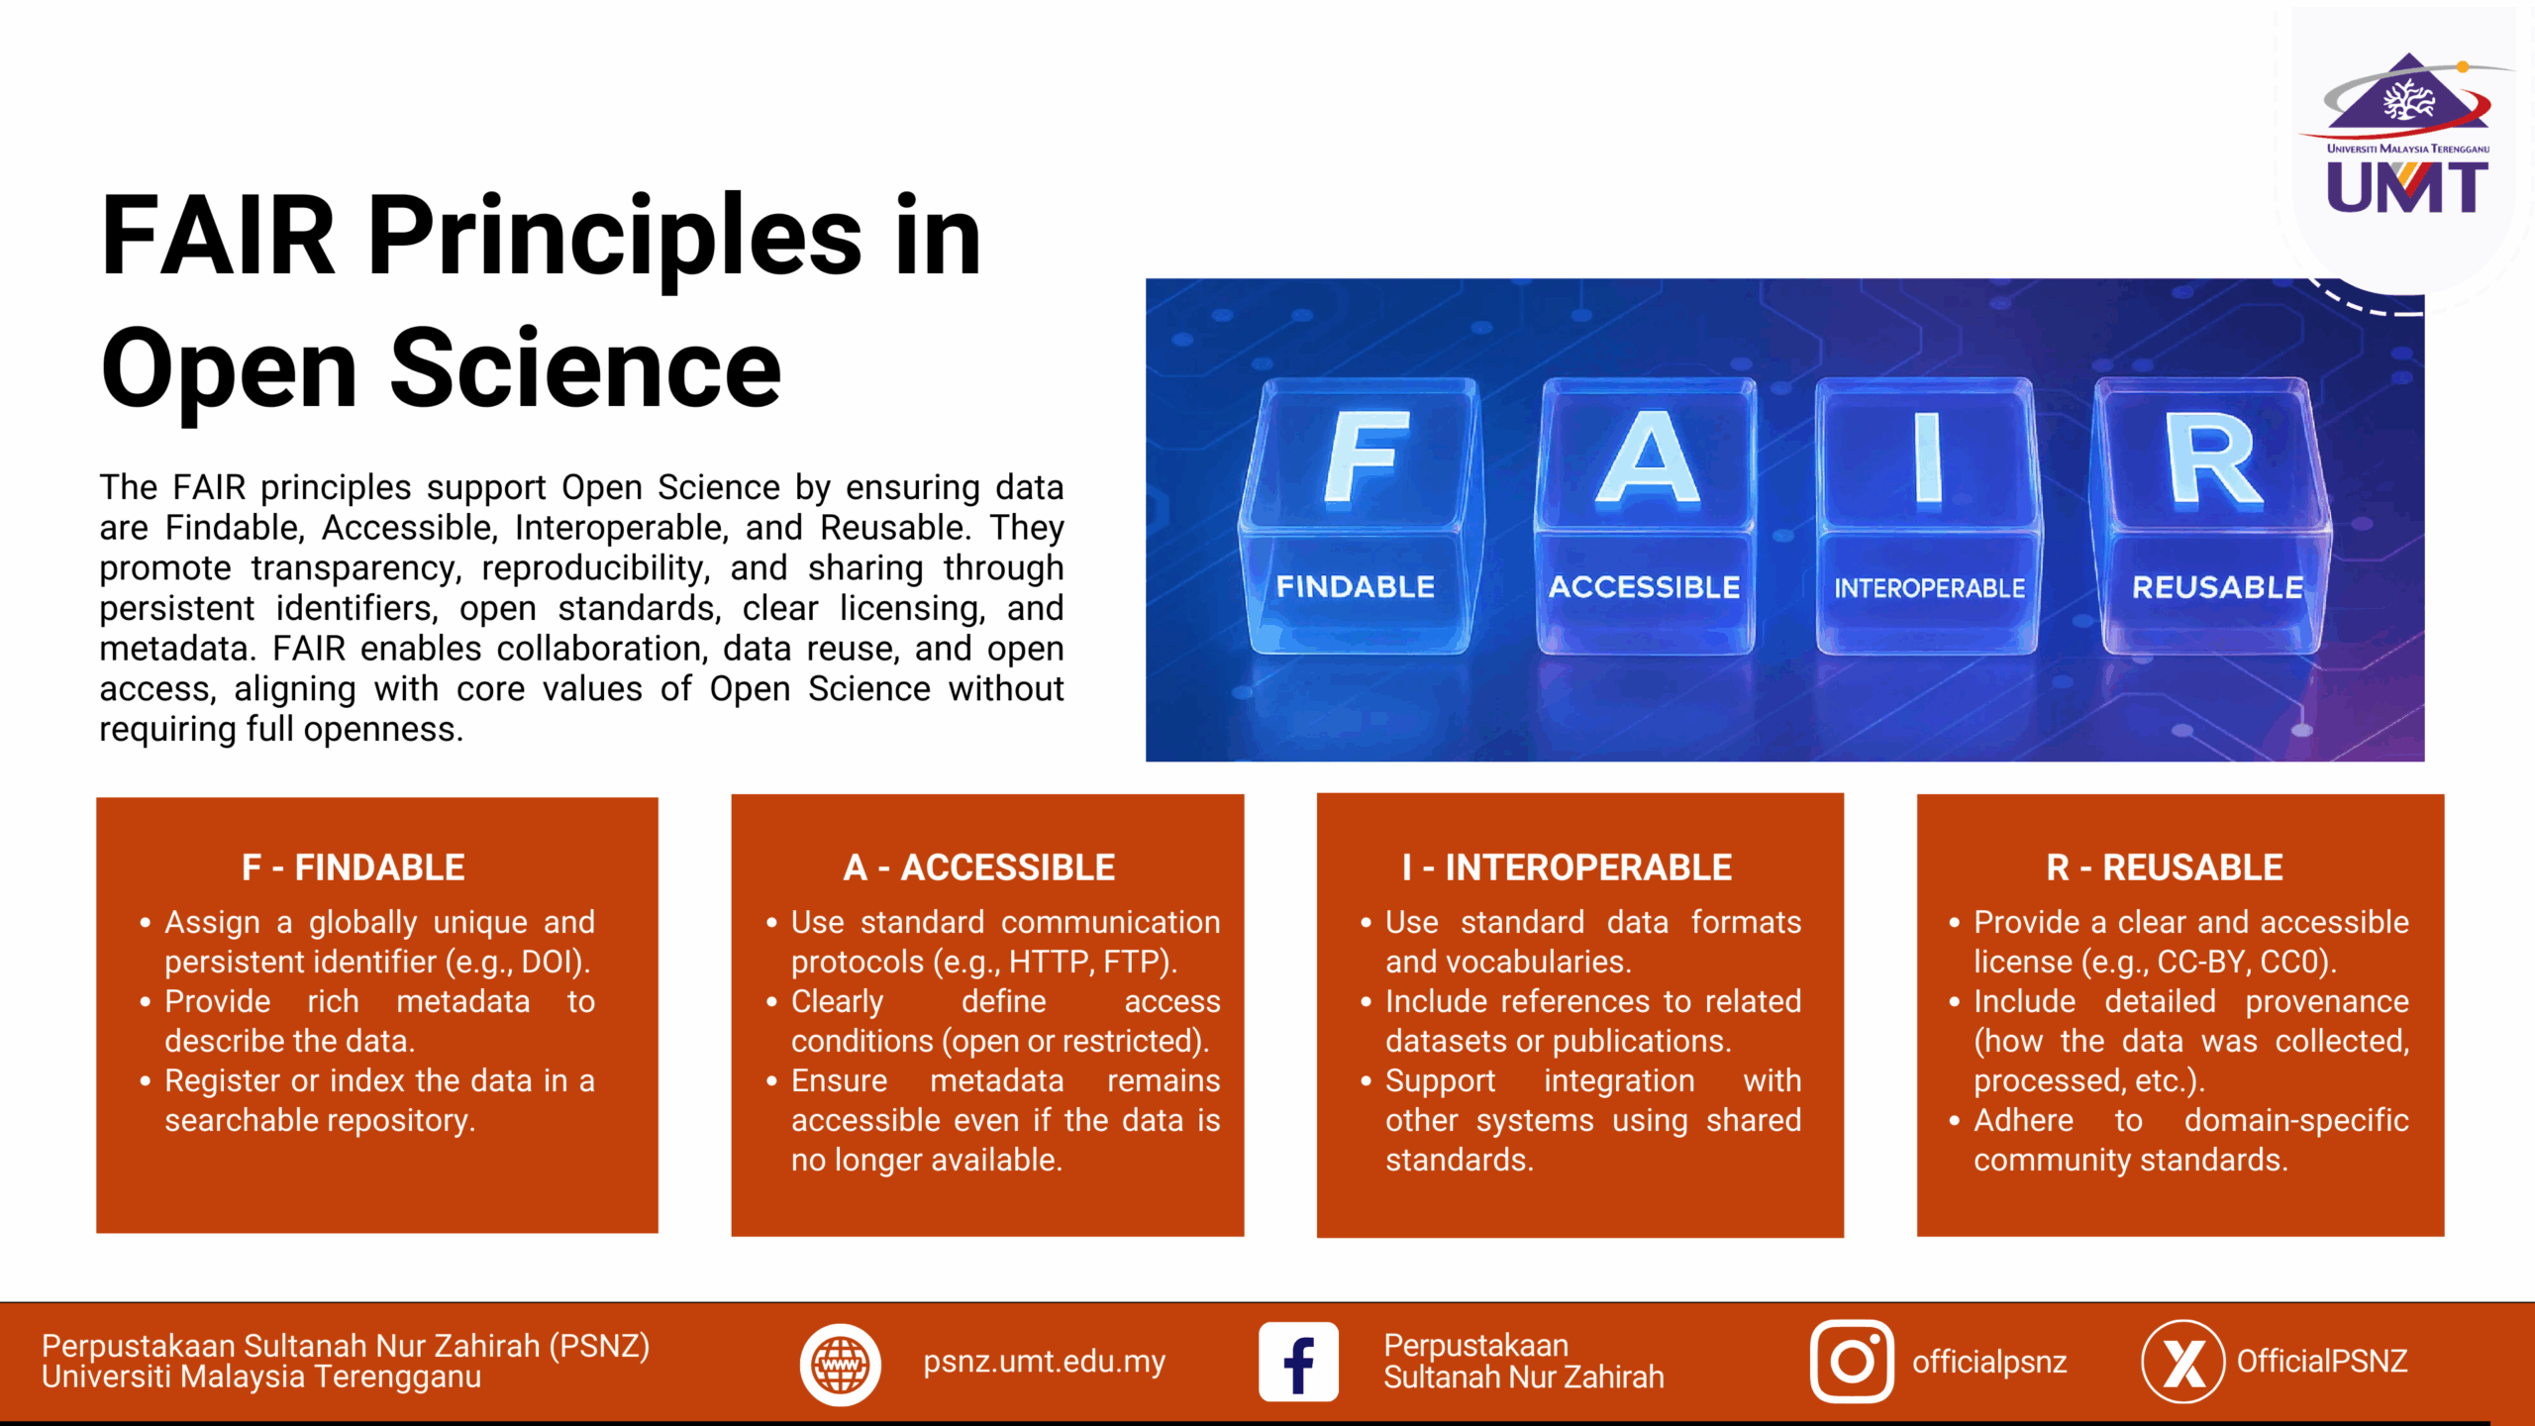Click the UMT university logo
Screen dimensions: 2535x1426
[2406, 134]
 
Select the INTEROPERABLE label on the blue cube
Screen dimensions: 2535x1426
[1929, 588]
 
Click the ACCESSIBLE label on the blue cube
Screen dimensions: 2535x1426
[1644, 587]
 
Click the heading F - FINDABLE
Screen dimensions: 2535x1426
[354, 867]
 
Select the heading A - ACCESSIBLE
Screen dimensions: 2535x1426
[979, 867]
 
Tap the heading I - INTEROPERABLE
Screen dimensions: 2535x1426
[1567, 867]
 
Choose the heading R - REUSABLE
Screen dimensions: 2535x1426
[2165, 867]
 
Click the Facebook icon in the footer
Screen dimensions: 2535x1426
[1298, 1362]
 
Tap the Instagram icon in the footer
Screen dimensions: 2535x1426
[1852, 1362]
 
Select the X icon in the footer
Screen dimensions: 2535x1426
[2182, 1362]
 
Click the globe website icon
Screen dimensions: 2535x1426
[840, 1365]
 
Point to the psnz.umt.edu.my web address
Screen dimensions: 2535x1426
[1045, 1363]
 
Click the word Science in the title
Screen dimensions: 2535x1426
[585, 368]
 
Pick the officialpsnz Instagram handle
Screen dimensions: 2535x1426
[1989, 1363]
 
